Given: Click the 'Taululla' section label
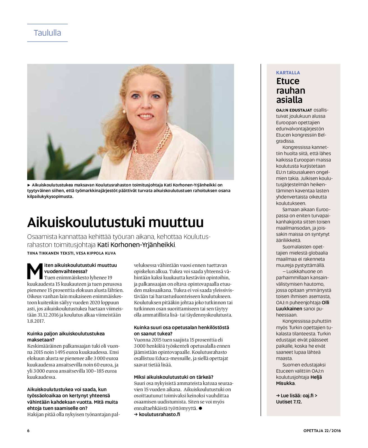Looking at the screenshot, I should tap(47, 33).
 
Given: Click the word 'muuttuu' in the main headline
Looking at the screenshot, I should tap(176, 222).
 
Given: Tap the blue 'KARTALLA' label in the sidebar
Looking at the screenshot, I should tap(288, 73).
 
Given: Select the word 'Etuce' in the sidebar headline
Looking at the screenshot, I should tap(288, 81).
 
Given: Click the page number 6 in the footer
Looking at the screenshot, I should tap(28, 431).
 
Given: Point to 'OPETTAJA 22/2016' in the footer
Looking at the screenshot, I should tap(322, 431).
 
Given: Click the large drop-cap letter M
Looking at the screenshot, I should tap(35, 271).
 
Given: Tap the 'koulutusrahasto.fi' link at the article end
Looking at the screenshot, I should tap(159, 414).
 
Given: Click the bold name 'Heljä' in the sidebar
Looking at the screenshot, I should tap(316, 377).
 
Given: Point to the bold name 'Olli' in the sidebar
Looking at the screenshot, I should tap(325, 302).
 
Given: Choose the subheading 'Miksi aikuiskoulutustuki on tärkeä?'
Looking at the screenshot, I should tap(173, 377).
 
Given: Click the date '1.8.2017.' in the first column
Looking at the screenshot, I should tap(36, 321).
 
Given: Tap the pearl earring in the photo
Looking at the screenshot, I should tap(124, 112).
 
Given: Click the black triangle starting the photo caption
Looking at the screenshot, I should tap(29, 185).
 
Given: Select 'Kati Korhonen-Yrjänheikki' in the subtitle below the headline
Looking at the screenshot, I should tap(136, 245).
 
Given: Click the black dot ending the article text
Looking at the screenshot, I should tap(200, 408).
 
